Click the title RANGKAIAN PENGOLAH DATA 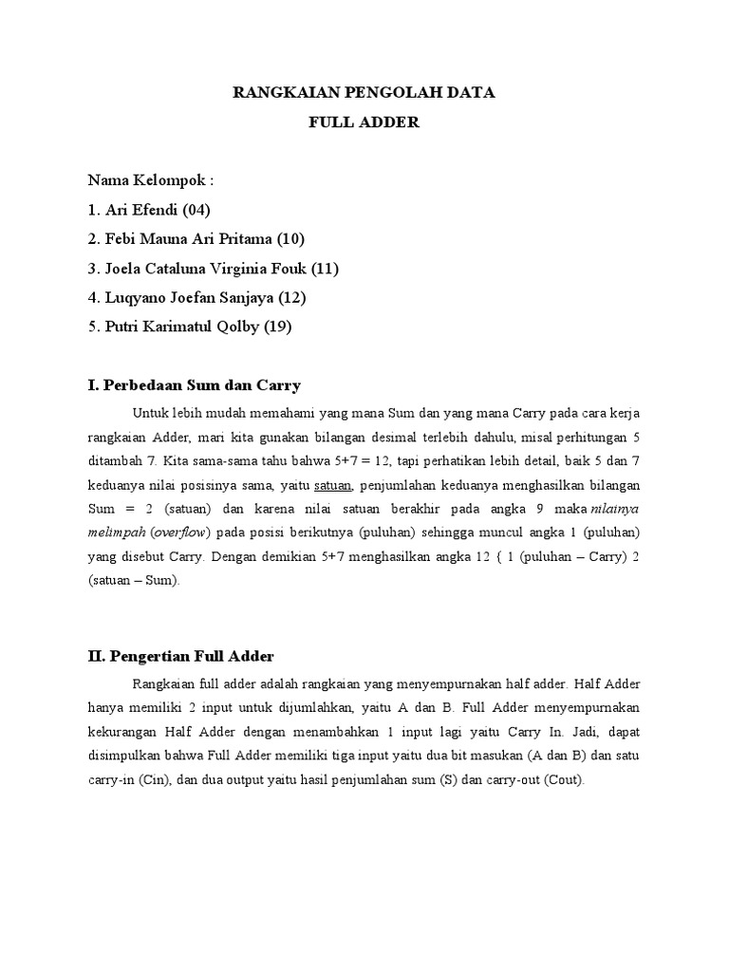[364, 93]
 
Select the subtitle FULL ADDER [364, 122]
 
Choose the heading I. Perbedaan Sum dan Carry [195, 385]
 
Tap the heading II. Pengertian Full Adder [180, 656]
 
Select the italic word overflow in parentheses [178, 532]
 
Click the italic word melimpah [113, 532]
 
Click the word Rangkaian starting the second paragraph [162, 682]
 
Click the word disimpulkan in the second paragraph [128, 756]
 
